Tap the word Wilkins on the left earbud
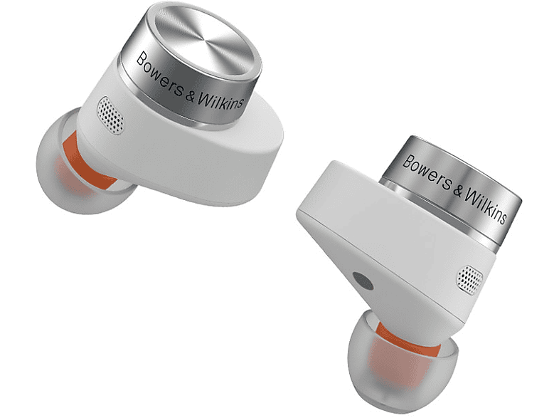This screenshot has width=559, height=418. (220, 101)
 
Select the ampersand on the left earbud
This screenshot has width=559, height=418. (190, 95)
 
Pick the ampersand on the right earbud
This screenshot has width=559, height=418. (458, 189)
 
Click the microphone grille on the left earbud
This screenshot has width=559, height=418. (111, 115)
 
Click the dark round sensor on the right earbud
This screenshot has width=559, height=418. (363, 281)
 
